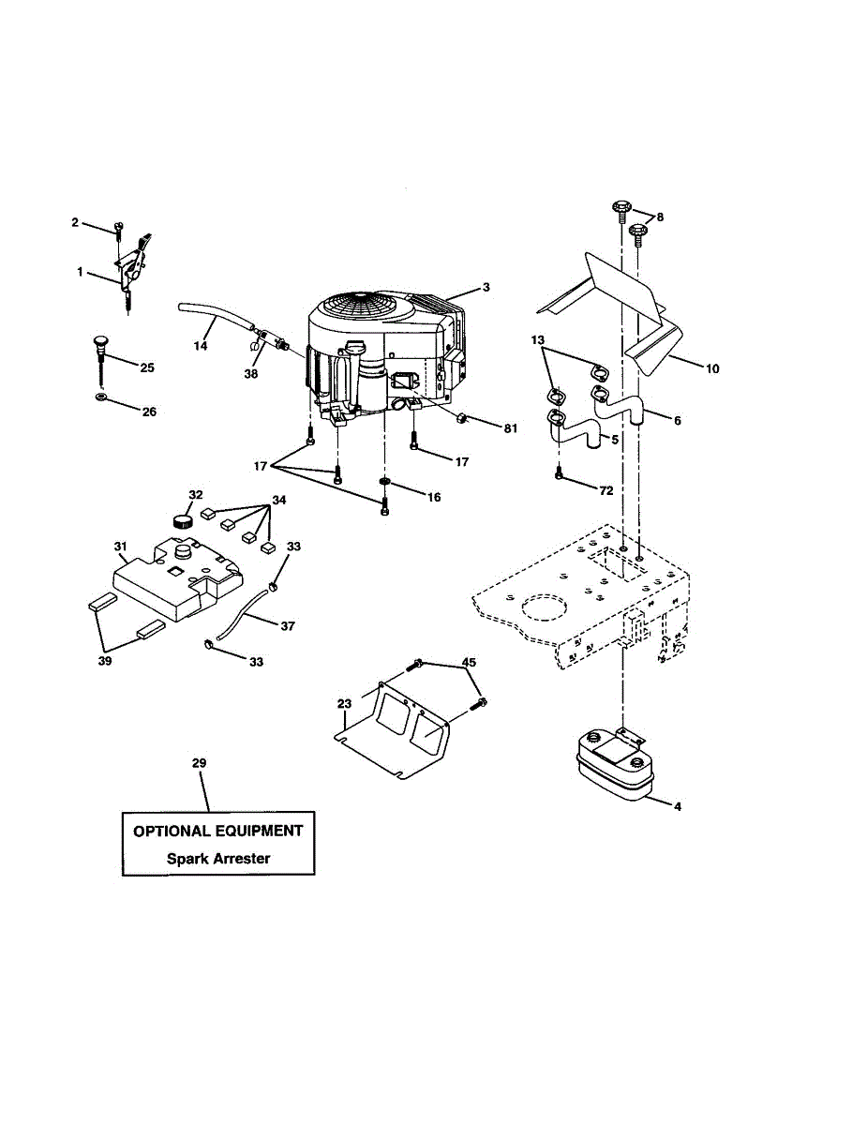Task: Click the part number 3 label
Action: coord(486,287)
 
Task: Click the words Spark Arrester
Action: coord(218,858)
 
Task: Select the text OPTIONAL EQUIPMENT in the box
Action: coord(218,831)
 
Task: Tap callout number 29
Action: coord(198,764)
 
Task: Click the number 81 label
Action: coord(510,428)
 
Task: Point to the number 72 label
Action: coord(606,489)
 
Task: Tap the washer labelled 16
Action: coord(384,482)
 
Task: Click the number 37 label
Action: coord(286,623)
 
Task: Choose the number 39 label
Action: coord(103,662)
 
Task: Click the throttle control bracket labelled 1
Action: coord(131,267)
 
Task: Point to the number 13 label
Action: coord(537,338)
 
